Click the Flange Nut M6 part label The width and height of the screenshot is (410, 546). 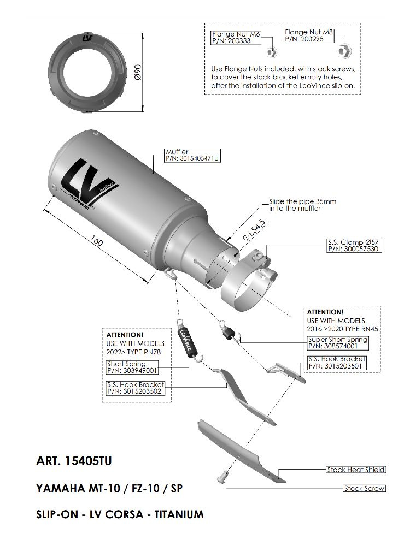click(236, 37)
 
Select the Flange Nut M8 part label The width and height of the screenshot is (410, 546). click(309, 35)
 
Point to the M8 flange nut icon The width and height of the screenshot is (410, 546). click(344, 51)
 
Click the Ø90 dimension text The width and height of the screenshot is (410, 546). click(137, 72)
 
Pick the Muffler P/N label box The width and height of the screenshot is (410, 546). click(193, 155)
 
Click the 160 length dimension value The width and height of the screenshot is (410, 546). click(97, 241)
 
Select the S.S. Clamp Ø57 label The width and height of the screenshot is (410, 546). click(354, 246)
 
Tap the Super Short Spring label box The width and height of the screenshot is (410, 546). click(337, 343)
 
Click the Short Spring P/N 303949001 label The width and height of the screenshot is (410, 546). click(132, 367)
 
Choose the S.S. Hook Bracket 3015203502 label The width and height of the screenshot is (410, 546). click(136, 388)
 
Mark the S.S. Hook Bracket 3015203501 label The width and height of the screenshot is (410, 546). click(337, 363)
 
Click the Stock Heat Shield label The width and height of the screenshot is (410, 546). click(356, 470)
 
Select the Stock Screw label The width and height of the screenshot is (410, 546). click(364, 489)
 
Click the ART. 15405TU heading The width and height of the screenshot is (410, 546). click(74, 461)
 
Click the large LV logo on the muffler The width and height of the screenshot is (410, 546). click(90, 182)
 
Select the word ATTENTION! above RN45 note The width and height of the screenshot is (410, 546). click(325, 312)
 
